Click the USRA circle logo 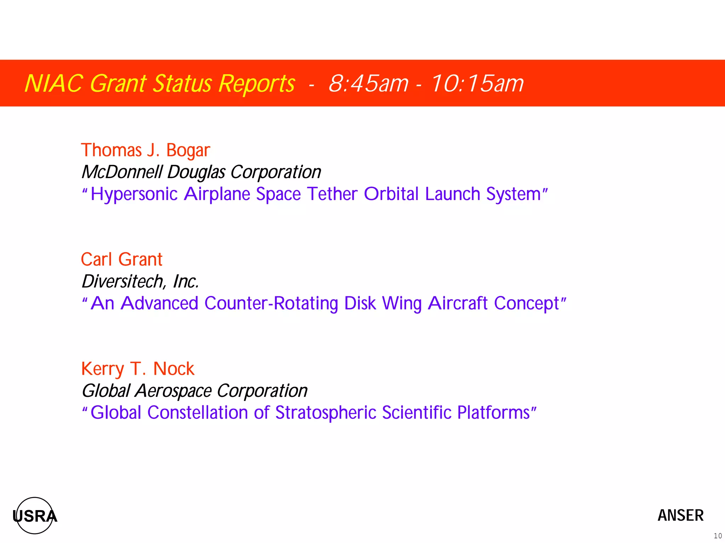pos(35,515)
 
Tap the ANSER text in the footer pos(680,515)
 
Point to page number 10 pos(718,536)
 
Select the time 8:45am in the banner pos(368,84)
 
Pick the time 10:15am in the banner pos(477,84)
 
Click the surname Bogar pos(188,150)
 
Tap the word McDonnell pos(122,172)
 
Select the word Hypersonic pos(134,194)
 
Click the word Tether pos(332,194)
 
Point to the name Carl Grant pos(121,259)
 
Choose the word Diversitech pos(122,282)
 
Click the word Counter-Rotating pos(271,304)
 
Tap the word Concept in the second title pos(526,304)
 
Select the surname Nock pos(173,369)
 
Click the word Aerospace pos(173,391)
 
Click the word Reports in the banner pos(256,84)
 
